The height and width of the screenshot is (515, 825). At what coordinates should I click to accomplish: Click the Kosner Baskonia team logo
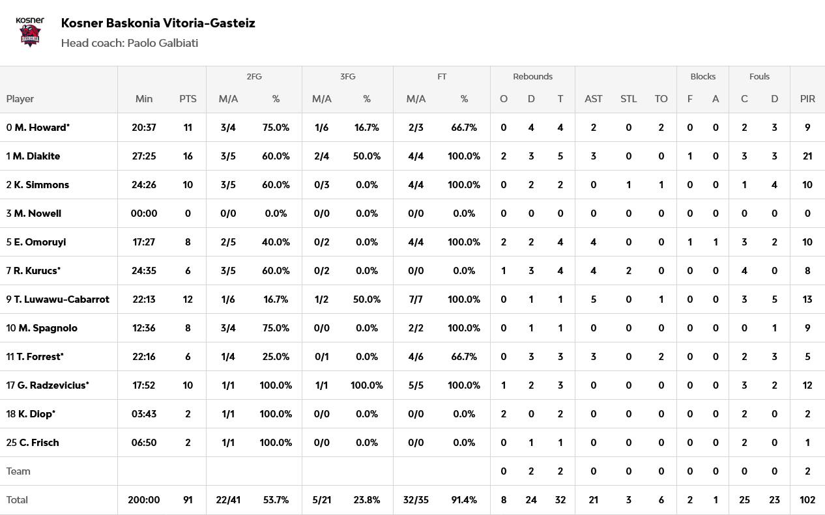(x=30, y=32)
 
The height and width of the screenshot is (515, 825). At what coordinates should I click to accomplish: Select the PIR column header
(x=807, y=99)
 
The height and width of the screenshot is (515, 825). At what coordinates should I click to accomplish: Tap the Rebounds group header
(x=532, y=77)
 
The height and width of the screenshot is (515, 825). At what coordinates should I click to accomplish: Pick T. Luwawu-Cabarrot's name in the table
(x=62, y=299)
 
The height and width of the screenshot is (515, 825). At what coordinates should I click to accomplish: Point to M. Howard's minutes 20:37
(x=144, y=128)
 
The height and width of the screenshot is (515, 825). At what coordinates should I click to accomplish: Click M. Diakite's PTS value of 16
(x=188, y=156)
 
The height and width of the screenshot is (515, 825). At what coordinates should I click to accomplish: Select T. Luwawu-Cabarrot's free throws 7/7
(x=416, y=299)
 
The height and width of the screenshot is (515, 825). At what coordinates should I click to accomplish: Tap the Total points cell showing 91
(x=188, y=500)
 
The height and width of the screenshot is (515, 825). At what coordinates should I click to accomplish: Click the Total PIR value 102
(x=807, y=500)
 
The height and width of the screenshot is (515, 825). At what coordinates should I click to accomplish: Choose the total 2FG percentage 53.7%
(x=276, y=500)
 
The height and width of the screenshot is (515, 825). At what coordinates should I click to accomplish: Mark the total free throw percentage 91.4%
(x=464, y=500)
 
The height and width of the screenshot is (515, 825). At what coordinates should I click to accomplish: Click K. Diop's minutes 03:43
(x=144, y=414)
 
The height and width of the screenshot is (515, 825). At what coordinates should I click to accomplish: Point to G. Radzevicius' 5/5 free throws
(x=416, y=385)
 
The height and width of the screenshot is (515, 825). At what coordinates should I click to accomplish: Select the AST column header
(x=594, y=99)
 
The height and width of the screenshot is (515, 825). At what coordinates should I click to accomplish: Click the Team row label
(x=18, y=471)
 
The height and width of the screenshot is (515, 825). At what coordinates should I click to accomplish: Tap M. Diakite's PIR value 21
(x=807, y=156)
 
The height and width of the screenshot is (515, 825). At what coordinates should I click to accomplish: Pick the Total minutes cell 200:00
(x=144, y=500)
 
